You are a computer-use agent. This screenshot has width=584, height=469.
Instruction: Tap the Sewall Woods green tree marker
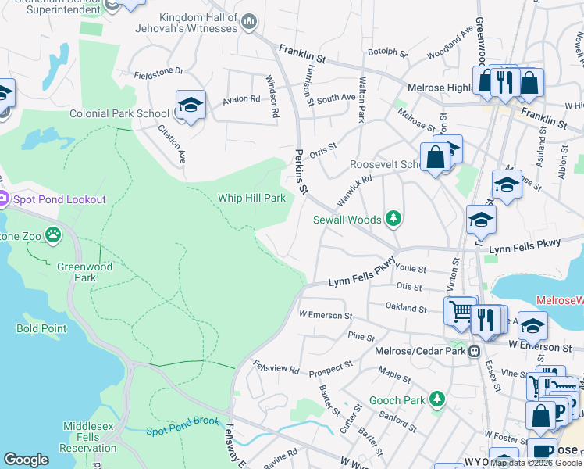click(393, 220)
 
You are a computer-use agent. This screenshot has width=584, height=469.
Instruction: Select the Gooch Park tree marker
click(437, 400)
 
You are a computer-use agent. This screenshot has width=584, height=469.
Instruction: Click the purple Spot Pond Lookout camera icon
click(2, 199)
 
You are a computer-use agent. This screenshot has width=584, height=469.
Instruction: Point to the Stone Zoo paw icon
click(52, 234)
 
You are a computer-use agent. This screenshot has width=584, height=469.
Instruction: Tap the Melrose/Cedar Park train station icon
click(474, 352)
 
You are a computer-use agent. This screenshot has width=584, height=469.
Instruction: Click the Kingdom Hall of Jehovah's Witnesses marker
click(249, 21)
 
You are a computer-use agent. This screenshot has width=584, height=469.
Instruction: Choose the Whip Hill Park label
click(251, 198)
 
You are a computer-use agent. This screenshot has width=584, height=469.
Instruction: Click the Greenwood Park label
click(75, 271)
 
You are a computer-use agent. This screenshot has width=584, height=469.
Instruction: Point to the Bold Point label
click(41, 328)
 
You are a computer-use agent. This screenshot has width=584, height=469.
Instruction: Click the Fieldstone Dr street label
click(158, 71)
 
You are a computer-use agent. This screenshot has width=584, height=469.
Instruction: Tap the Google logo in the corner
click(25, 460)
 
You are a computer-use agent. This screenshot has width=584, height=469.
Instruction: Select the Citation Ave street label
click(173, 144)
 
